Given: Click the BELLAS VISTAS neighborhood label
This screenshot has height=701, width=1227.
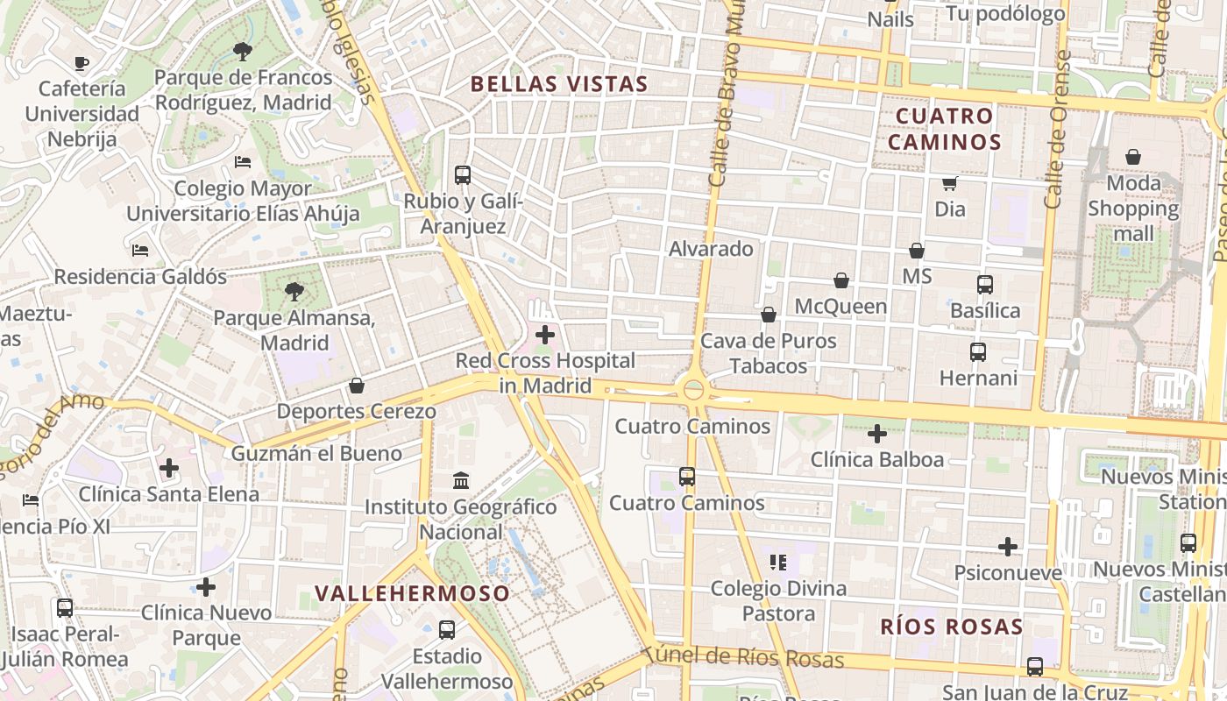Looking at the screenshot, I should (x=559, y=84).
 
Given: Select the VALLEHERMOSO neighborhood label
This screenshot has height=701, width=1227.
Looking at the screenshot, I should (x=412, y=593).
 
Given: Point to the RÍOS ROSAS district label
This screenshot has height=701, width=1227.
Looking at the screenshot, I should (x=951, y=627).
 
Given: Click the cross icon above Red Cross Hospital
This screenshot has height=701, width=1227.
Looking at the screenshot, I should (x=545, y=335).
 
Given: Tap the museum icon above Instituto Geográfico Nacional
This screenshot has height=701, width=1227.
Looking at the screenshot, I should (x=461, y=480).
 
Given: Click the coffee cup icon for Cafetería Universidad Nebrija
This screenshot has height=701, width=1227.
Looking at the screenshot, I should (x=82, y=63).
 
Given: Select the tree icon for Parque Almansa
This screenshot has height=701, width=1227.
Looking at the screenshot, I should (x=294, y=292).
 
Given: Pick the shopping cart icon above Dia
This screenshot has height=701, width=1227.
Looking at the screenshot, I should (x=949, y=183).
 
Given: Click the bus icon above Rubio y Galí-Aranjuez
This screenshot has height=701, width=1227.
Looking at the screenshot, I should (x=463, y=174).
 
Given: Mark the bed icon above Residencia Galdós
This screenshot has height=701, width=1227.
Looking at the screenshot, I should (x=140, y=250).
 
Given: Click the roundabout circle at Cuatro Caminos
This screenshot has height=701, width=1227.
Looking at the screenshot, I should (x=694, y=390).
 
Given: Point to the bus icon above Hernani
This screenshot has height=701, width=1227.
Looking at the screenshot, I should (x=978, y=352).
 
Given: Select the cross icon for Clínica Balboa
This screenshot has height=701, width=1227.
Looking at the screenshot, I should (x=877, y=434).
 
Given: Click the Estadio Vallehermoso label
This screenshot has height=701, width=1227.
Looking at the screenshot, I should (x=447, y=669).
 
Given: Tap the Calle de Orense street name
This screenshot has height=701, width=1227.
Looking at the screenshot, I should (x=1058, y=130).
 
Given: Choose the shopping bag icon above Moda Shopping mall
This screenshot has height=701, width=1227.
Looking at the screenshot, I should (x=1133, y=157).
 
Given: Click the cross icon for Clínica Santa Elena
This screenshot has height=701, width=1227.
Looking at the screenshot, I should (x=169, y=468).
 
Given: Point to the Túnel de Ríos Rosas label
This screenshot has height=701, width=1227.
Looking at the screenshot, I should (x=743, y=658).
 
